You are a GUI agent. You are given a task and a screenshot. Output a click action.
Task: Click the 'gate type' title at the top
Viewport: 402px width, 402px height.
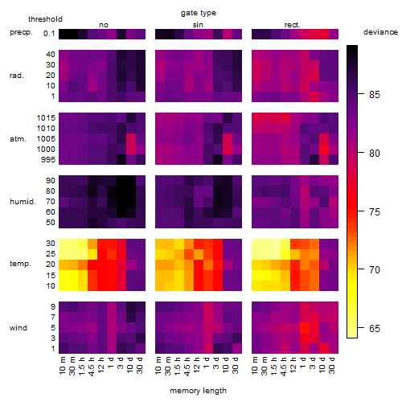[x=199, y=13]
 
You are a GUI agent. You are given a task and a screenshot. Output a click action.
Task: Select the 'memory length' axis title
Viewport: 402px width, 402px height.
[x=198, y=391]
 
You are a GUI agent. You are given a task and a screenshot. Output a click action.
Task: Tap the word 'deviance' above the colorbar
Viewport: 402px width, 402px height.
[x=380, y=32]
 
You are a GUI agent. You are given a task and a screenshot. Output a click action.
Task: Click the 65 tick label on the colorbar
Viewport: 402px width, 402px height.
[x=375, y=328]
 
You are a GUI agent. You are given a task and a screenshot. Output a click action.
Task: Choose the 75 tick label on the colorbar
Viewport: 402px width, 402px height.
[x=375, y=211]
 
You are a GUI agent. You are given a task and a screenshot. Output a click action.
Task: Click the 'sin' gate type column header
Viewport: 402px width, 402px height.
[x=198, y=25]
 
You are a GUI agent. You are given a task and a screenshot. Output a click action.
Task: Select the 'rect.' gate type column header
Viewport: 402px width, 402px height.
[x=293, y=25]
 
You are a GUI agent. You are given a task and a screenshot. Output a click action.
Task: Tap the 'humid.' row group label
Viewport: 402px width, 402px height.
[x=23, y=202]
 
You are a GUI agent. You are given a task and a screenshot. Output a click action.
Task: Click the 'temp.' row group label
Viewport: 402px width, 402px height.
[x=20, y=264]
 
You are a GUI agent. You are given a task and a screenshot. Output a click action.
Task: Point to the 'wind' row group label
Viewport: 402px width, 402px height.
[x=18, y=328]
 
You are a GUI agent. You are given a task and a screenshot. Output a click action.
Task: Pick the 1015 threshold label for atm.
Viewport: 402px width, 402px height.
[x=46, y=118]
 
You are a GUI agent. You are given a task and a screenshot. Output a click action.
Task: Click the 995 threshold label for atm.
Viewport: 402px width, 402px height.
[x=48, y=160]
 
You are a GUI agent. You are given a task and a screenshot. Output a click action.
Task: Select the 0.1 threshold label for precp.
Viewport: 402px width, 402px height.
[x=49, y=34]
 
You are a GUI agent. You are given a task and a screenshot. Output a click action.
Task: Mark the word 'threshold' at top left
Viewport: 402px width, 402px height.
[x=45, y=19]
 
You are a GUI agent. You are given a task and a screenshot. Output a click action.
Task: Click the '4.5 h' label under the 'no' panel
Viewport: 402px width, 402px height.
[x=92, y=367]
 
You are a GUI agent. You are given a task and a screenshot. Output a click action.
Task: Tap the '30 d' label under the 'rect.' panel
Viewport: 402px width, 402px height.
[x=332, y=365]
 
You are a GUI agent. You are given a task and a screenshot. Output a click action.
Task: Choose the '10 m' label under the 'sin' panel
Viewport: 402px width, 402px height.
[x=158, y=366]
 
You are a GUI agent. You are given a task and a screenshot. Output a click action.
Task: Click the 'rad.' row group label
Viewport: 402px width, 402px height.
[x=17, y=76]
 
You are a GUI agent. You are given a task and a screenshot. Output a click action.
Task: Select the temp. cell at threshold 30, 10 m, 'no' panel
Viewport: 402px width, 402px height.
[x=64, y=244]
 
